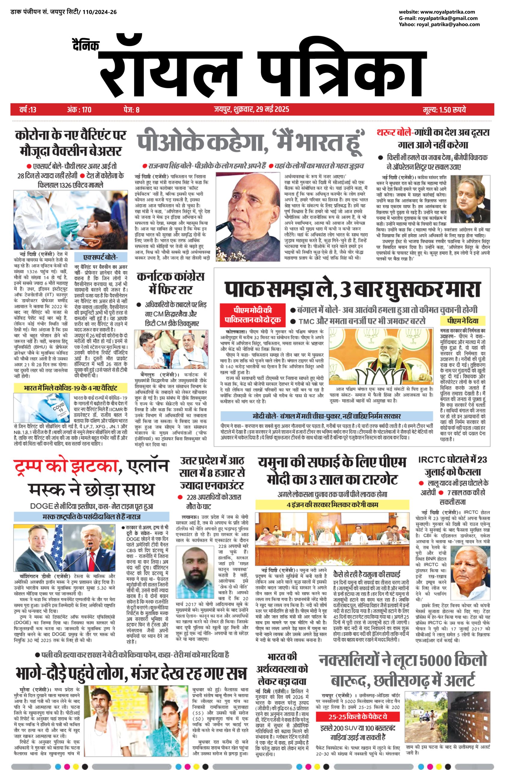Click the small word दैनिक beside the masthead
tap(86, 45)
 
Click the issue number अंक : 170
tap(79, 109)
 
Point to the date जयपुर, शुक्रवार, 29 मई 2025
tap(251, 109)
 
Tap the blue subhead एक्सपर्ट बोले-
tap(101, 257)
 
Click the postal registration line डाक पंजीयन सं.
tap(63, 12)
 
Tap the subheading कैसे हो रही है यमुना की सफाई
tap(367, 574)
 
